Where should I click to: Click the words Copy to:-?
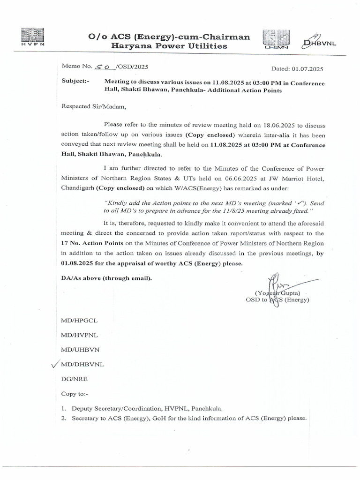tap(77, 394)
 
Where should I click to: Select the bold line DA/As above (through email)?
tap(106, 278)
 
